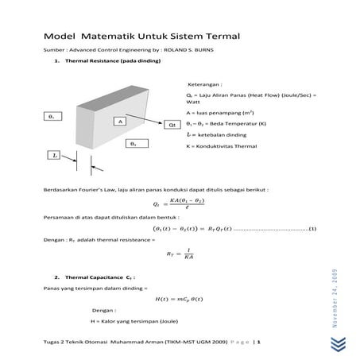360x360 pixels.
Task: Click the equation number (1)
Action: (312, 229)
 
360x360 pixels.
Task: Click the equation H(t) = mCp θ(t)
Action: (180, 298)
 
